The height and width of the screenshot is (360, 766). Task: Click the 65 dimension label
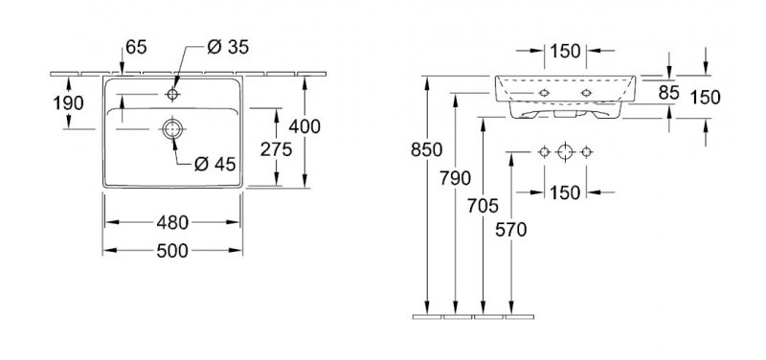[x=136, y=45]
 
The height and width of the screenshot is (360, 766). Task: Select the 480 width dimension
[x=172, y=222]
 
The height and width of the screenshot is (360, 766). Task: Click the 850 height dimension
[x=426, y=149]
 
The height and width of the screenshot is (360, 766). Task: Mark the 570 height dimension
[x=513, y=230]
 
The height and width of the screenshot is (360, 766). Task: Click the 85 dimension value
[x=669, y=93]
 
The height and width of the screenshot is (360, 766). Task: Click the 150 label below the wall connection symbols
[x=565, y=192]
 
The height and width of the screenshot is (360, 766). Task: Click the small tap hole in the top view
[x=172, y=95]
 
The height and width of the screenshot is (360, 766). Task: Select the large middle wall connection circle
[x=566, y=152]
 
